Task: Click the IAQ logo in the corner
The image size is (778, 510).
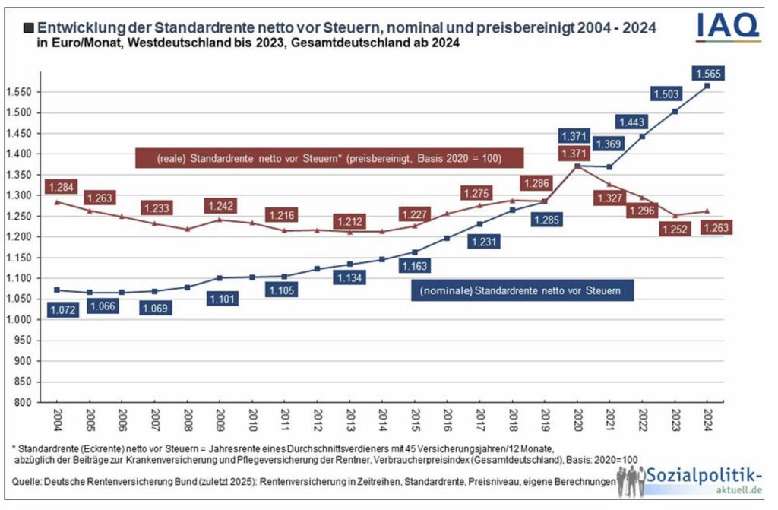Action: point(727,27)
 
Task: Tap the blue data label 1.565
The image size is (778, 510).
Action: point(707,73)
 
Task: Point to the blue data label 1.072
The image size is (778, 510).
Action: point(63,309)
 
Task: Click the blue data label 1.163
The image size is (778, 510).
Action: point(414,266)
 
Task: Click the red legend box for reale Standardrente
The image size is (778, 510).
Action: point(328,158)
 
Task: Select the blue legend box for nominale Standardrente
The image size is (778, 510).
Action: point(521,290)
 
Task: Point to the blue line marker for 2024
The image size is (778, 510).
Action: point(707,86)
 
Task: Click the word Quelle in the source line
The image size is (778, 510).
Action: point(26,481)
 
